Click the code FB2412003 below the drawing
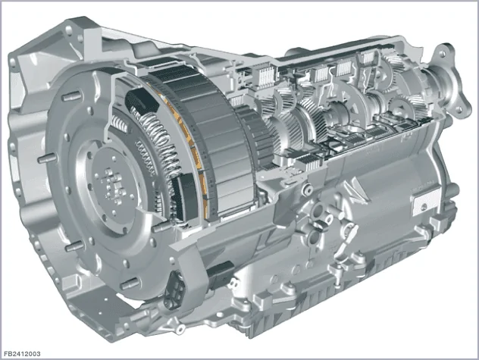[22, 354]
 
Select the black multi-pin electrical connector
[174, 288]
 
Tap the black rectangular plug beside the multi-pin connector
[221, 274]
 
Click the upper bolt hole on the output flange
[443, 54]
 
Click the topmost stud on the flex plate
[71, 97]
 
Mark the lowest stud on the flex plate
[131, 284]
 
